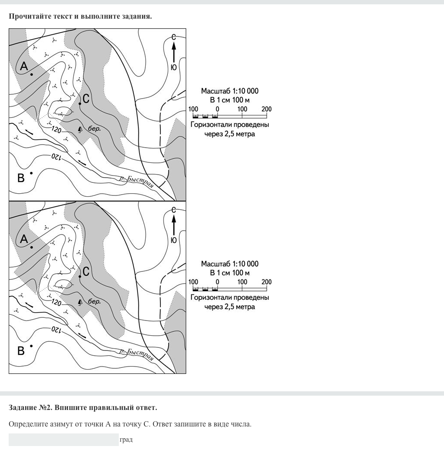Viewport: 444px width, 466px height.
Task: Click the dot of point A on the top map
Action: coord(32,74)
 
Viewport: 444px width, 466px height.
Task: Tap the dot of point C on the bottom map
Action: coord(80,276)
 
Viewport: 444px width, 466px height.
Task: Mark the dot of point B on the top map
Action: coord(31,173)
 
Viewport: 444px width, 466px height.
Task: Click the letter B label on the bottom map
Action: coord(21,350)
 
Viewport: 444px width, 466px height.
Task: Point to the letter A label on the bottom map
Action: coord(24,239)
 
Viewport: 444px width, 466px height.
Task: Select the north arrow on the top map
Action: coord(173,53)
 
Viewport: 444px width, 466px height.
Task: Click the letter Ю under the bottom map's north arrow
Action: coord(173,240)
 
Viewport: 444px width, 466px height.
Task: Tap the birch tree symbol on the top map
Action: coord(80,129)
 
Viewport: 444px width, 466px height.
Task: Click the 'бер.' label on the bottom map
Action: coord(95,302)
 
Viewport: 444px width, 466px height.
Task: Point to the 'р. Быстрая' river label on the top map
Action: coord(137,181)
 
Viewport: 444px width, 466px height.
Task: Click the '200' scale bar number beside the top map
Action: coord(267,109)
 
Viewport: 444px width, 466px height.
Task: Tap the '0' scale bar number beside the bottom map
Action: coord(217,282)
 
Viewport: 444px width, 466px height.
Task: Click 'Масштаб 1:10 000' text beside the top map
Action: coord(230,91)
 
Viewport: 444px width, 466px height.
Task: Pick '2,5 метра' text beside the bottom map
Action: coord(240,307)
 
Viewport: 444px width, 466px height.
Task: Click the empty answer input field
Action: coord(63,440)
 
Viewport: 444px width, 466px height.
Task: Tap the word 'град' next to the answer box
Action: coord(126,440)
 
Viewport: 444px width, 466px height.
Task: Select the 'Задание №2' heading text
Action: coord(31,407)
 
